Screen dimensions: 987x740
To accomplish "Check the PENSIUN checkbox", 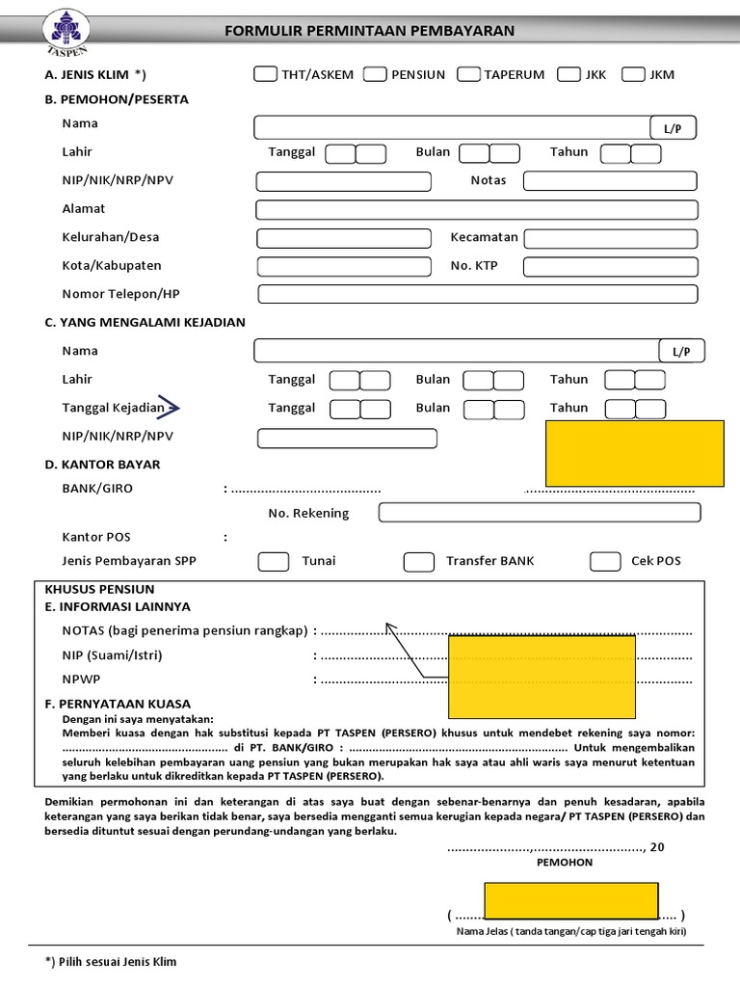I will point(376,74).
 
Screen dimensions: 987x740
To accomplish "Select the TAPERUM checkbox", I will point(469,74).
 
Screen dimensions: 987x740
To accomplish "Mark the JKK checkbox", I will point(568,74).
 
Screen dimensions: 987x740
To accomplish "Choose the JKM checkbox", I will point(633,74).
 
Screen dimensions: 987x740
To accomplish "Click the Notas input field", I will point(609,181).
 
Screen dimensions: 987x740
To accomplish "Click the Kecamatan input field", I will point(610,238).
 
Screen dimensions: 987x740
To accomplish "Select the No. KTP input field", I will point(610,267).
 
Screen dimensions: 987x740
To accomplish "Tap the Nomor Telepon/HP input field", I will point(477,294).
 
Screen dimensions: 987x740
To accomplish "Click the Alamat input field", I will point(476,210).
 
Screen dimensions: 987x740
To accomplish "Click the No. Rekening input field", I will point(539,513).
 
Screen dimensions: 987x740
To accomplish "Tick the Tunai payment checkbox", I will point(274,562).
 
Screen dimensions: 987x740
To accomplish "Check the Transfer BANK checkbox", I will point(418,562).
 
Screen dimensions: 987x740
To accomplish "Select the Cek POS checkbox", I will point(605,562).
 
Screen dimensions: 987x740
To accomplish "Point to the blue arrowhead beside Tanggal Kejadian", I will point(174,409).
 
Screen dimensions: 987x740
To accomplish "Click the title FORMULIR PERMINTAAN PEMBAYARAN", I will point(369,31).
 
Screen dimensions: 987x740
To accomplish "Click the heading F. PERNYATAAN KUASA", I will point(118,704).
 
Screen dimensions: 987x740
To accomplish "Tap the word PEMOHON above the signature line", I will point(565,863).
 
